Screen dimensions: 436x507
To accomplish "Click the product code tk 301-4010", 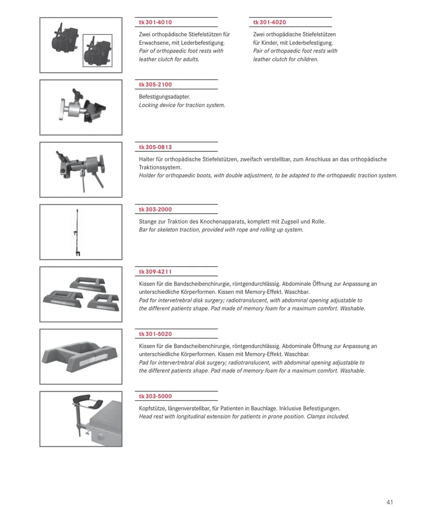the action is click(x=155, y=22).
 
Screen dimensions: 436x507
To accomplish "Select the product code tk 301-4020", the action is click(x=269, y=22).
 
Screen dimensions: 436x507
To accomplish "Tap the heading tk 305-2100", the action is click(x=155, y=84).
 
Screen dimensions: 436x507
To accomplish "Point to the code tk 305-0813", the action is click(x=155, y=147).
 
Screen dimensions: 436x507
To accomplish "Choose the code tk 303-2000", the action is click(x=155, y=210).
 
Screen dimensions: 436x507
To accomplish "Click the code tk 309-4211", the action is click(x=155, y=272).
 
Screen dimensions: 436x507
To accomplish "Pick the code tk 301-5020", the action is click(x=155, y=334).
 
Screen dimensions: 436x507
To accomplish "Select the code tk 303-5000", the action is click(x=155, y=396).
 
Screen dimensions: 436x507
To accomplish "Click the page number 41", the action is click(x=390, y=502).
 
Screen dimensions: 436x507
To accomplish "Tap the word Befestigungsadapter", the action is click(x=165, y=97).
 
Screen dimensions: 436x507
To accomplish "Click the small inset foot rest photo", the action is click(x=97, y=51).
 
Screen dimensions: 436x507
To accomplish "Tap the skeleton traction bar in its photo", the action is click(x=77, y=232).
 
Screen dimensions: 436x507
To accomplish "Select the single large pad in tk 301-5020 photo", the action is click(x=80, y=357).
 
